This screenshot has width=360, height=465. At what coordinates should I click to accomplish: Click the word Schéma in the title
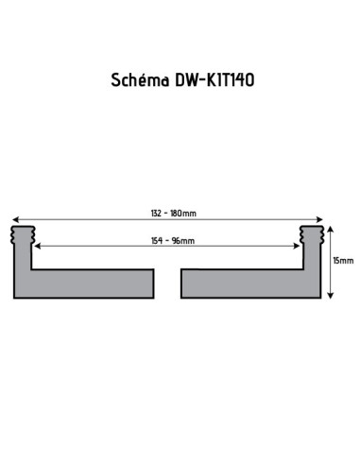pyautogui.click(x=136, y=80)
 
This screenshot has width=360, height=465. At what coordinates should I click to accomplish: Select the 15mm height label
pyautogui.click(x=344, y=259)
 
